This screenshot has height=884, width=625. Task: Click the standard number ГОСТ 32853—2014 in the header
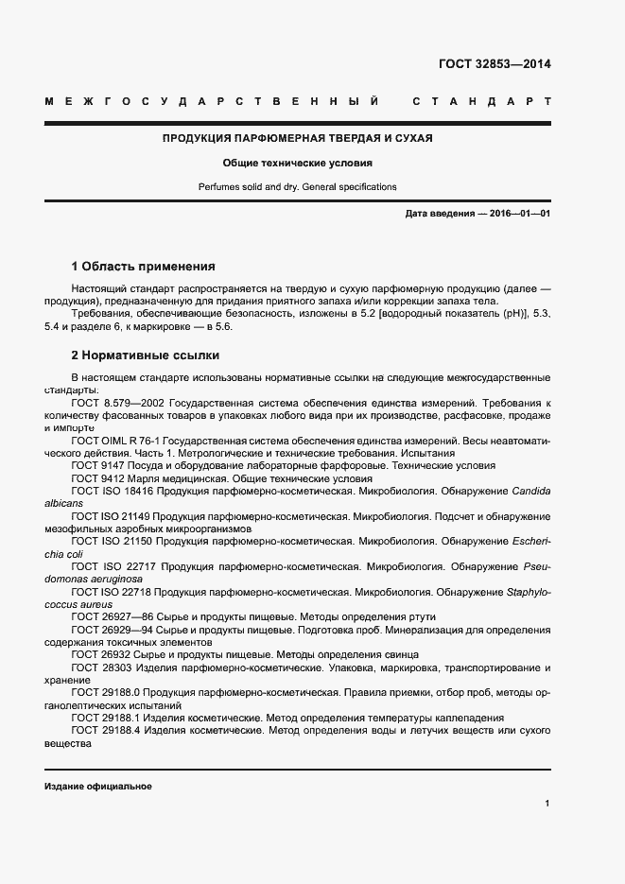[x=494, y=65]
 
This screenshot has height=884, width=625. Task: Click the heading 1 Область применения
[x=143, y=267]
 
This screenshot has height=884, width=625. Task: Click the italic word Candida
[x=530, y=492]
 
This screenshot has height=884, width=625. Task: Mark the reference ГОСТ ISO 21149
[x=111, y=516]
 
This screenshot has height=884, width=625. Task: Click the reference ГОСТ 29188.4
[x=105, y=731]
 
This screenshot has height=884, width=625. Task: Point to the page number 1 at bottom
[x=547, y=803]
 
